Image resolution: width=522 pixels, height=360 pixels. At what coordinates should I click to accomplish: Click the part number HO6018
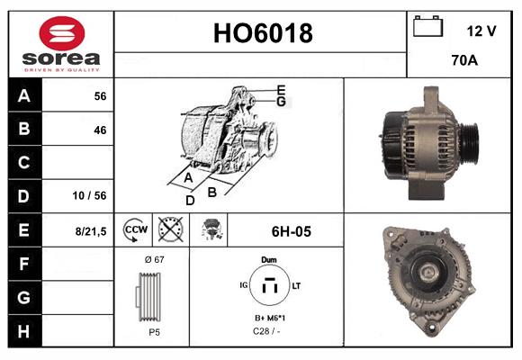pos(262,33)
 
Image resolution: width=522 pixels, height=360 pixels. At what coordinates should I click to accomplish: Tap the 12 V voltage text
pos(481,31)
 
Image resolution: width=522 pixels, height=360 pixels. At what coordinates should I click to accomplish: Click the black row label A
pos(24,95)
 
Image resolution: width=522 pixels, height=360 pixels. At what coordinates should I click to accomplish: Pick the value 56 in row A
pos(100,95)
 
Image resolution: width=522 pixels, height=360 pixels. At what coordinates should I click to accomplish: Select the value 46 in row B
pos(100,130)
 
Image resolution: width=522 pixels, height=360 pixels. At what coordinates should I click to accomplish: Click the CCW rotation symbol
pos(134,230)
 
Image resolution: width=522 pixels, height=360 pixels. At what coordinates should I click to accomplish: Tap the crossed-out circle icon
pos(170,230)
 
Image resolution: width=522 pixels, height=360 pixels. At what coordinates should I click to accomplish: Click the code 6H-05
pos(291,231)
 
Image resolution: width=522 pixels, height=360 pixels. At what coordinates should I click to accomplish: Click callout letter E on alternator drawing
pos(281,89)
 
